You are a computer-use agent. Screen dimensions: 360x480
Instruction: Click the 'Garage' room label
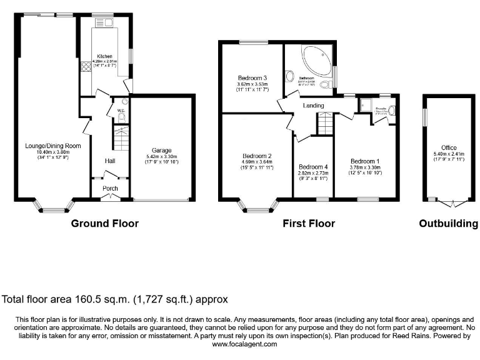pos(161,150)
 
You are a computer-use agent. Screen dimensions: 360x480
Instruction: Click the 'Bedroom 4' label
pos(312,167)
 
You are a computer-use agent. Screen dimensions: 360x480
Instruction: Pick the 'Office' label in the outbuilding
pos(449,147)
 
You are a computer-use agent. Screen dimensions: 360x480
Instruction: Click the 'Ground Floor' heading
pos(104,223)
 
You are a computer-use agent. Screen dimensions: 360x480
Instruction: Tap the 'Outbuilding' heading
pos(448,223)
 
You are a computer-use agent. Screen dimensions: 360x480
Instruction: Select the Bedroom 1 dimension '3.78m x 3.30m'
pos(365,167)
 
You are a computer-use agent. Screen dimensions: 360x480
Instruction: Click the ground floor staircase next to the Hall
pos(120,137)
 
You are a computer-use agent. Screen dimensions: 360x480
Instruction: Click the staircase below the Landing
pos(324,124)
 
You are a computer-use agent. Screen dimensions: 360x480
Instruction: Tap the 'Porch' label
pos(110,187)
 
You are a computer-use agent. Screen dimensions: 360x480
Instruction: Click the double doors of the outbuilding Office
pos(452,202)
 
